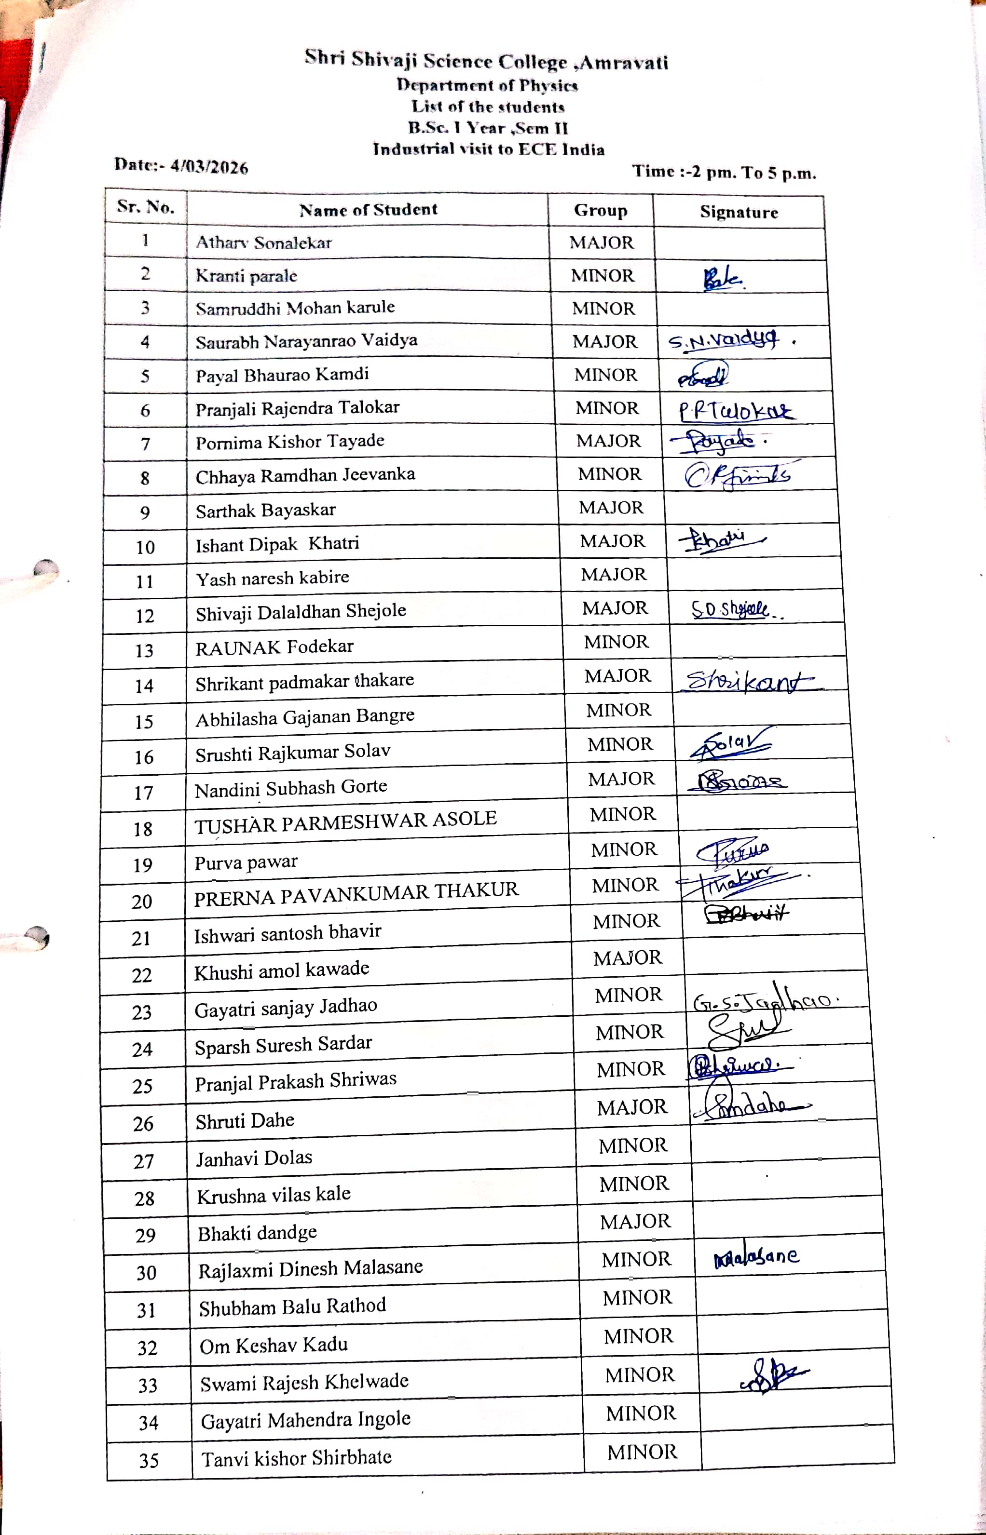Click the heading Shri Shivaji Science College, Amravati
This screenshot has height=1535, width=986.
pyautogui.click(x=486, y=61)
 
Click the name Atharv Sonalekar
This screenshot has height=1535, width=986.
pyautogui.click(x=263, y=242)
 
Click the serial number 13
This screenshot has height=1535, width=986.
pyautogui.click(x=144, y=651)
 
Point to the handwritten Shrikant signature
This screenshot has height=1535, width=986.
pyautogui.click(x=746, y=681)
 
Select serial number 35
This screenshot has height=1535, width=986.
pyautogui.click(x=149, y=1460)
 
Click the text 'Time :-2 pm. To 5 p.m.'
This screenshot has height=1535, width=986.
pyautogui.click(x=724, y=172)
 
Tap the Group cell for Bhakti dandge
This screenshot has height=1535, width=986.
pyautogui.click(x=635, y=1222)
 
